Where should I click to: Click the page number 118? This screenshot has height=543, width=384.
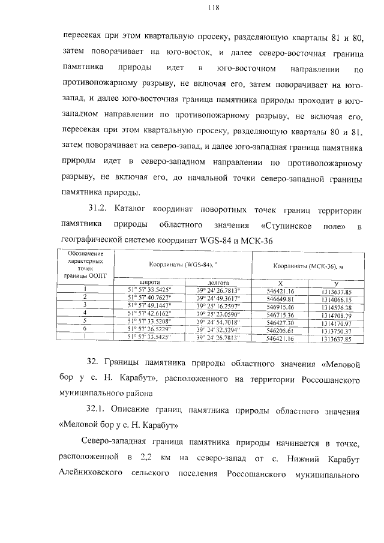(196, 8)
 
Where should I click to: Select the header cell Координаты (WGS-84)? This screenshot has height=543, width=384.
(182, 264)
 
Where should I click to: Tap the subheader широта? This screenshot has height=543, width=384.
(149, 282)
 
